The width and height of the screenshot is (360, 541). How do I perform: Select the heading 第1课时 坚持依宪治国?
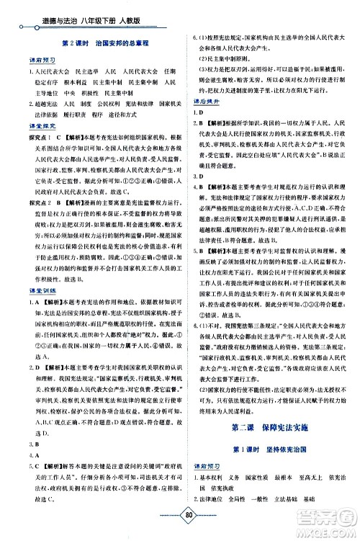click(x=271, y=450)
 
